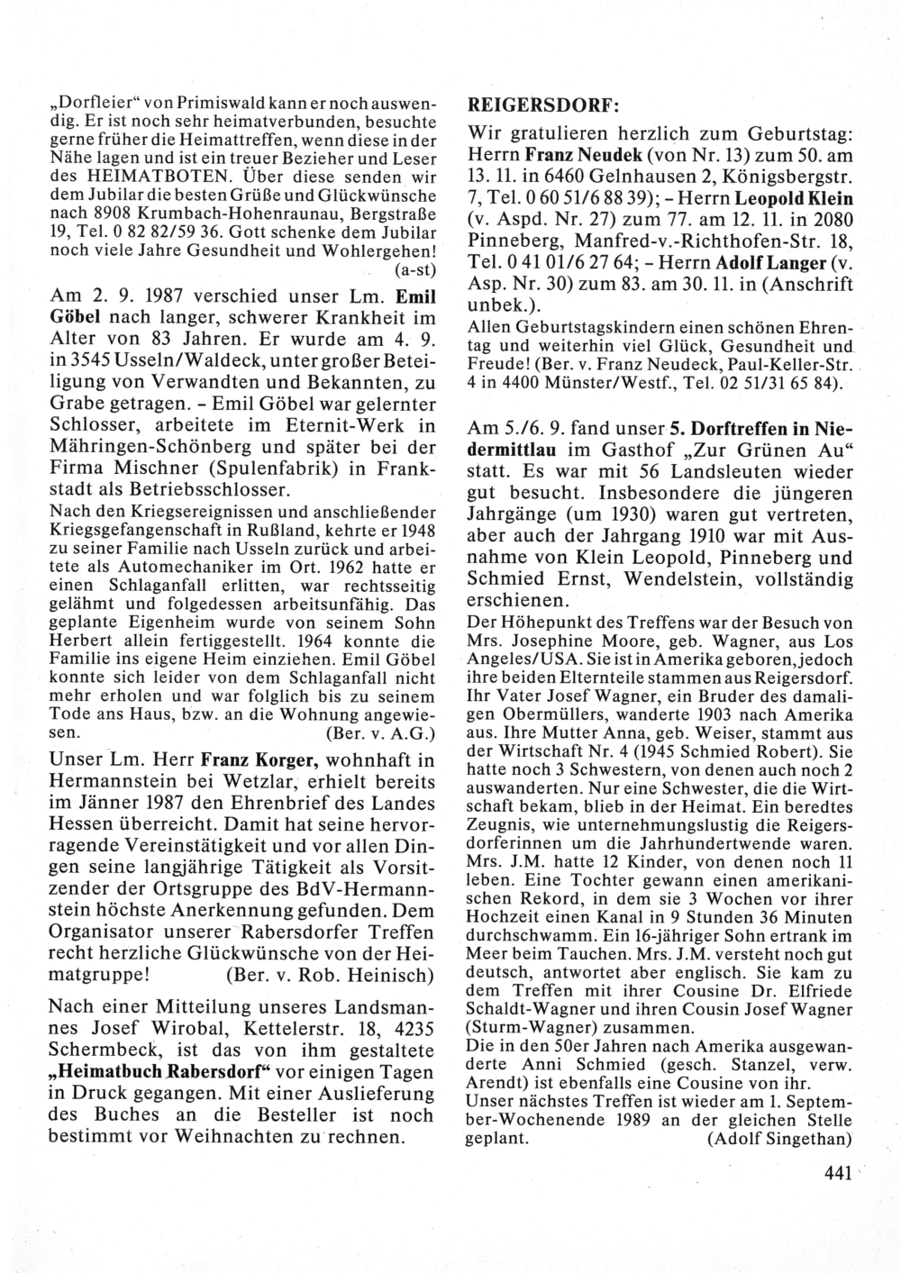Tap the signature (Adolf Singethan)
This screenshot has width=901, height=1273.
pyautogui.click(x=779, y=1138)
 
